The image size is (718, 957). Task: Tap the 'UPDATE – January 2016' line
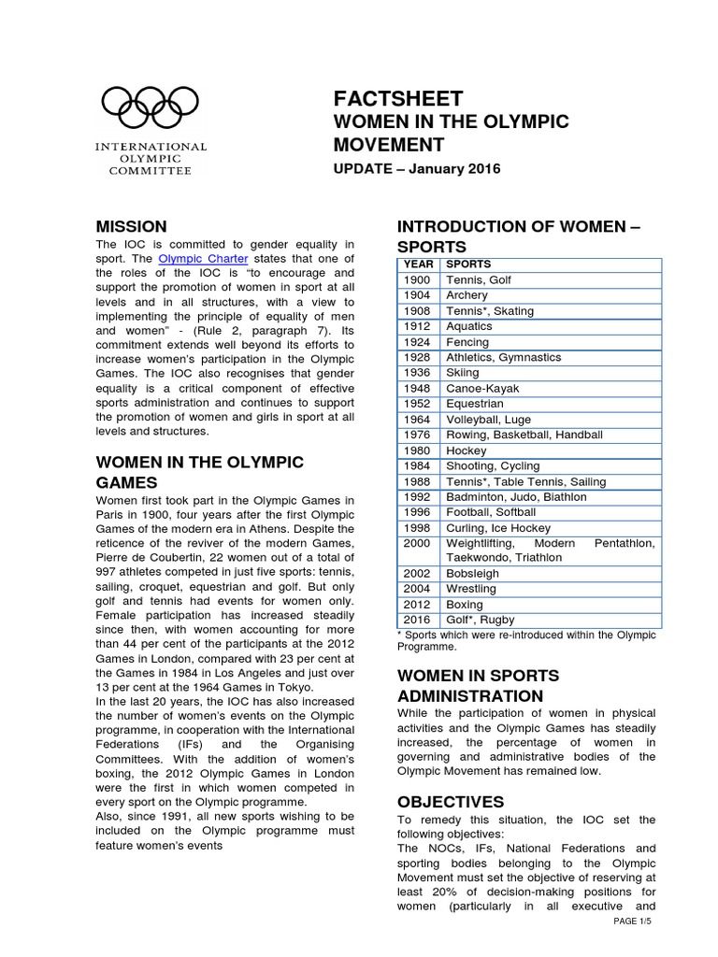click(x=417, y=169)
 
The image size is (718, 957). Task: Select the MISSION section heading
click(x=132, y=226)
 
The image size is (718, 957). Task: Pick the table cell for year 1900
click(x=418, y=280)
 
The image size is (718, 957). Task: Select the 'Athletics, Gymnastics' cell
click(x=503, y=357)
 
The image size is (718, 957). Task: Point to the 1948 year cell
click(x=418, y=388)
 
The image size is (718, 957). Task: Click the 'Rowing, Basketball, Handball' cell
click(x=525, y=435)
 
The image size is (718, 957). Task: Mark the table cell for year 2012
click(x=418, y=605)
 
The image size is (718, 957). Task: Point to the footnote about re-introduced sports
click(x=526, y=640)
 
